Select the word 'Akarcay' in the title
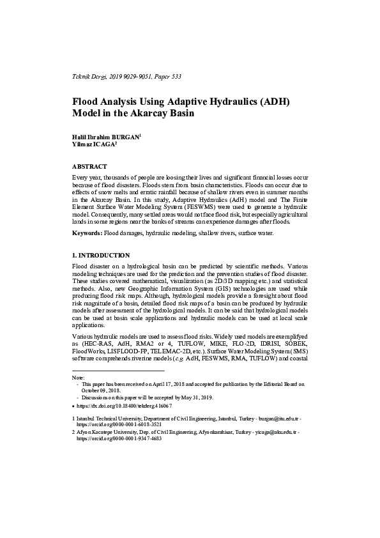pyautogui.click(x=151, y=114)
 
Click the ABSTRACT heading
pyautogui.click(x=89, y=166)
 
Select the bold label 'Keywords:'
pyautogui.click(x=87, y=233)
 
